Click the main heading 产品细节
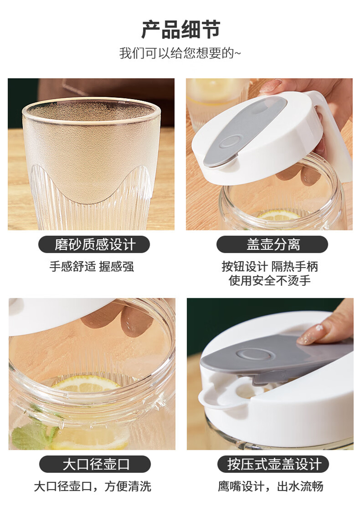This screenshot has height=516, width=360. point(181,29)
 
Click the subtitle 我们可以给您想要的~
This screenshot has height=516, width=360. point(180,53)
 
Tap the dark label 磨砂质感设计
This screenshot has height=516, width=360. point(94,245)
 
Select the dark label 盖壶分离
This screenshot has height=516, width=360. point(272,245)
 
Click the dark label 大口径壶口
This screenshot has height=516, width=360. point(95,464)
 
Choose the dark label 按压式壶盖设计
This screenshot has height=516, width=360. point(274,464)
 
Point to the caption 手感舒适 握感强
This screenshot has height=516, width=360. point(92,266)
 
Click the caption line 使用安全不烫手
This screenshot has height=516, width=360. point(270,281)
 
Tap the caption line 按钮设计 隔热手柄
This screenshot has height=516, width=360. point(270,267)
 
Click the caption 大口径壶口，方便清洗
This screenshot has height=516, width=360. point(93,486)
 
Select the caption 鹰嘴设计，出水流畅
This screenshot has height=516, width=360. point(270,486)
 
